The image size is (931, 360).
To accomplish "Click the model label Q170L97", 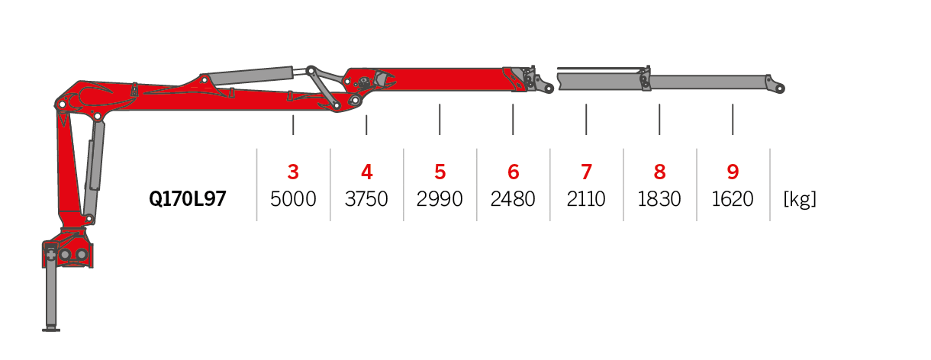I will click(x=188, y=199).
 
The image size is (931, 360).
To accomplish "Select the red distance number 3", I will click(x=293, y=172).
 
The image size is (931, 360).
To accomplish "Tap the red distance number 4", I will click(x=366, y=172).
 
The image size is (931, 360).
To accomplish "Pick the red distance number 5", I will click(x=440, y=172).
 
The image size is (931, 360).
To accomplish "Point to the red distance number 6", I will click(x=513, y=172).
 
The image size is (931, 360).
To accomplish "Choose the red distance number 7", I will click(x=586, y=172).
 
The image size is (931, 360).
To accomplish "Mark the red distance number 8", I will click(x=659, y=172).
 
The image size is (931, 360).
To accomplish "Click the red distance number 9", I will click(x=733, y=172).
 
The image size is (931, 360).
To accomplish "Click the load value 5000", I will click(x=293, y=199).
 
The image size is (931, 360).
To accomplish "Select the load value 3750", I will click(x=366, y=199).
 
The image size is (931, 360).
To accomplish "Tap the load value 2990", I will click(x=440, y=199).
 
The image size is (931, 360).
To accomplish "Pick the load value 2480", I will click(x=513, y=199).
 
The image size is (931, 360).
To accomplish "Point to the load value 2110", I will click(x=586, y=199).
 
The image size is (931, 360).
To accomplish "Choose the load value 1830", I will click(x=659, y=199).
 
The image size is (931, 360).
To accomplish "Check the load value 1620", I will click(x=733, y=199).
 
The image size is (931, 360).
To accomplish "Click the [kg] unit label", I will click(x=800, y=199).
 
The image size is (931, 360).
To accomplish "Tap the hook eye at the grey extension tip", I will click(x=779, y=88).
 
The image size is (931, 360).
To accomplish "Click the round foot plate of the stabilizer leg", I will click(x=51, y=329).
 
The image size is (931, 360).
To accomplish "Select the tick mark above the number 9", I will click(x=733, y=119).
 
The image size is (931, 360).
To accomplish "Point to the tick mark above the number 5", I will click(x=440, y=119).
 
